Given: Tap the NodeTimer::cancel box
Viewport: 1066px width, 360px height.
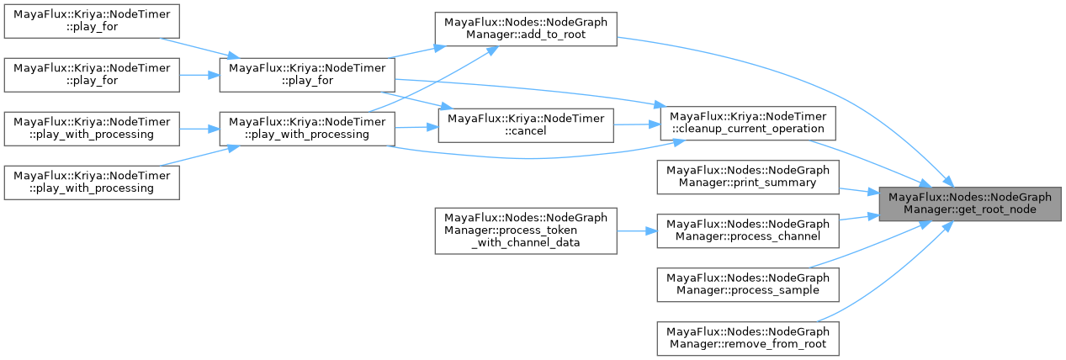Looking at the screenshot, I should pyautogui.click(x=526, y=125).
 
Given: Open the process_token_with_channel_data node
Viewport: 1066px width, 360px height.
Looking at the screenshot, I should pyautogui.click(x=526, y=230).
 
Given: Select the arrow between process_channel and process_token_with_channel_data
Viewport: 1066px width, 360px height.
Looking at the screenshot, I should pyautogui.click(x=637, y=230).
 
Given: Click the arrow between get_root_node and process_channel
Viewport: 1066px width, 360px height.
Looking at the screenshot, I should pyautogui.click(x=858, y=218).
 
